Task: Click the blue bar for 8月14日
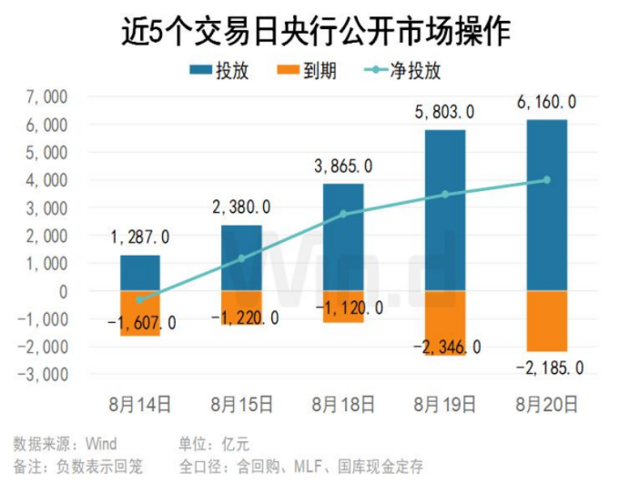(x=140, y=273)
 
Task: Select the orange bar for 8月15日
(x=241, y=308)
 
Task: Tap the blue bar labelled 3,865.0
(x=343, y=237)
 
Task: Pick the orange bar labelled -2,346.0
(x=444, y=323)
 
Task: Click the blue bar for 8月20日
(x=546, y=206)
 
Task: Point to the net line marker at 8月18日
(x=343, y=214)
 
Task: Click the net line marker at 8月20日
(x=546, y=180)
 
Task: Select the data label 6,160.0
(x=545, y=102)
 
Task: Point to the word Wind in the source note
(x=101, y=444)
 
